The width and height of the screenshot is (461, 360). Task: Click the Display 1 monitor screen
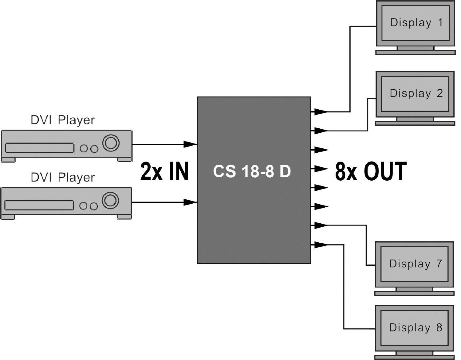pos(416,23)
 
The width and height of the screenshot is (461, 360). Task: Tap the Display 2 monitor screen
pos(416,93)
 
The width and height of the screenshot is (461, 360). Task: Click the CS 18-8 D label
pos(252,172)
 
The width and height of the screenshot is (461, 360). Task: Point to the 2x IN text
pos(164,172)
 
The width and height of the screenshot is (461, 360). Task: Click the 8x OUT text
pos(371,172)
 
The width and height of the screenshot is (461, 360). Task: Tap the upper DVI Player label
pos(63,120)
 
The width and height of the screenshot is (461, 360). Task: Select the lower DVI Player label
pos(63,178)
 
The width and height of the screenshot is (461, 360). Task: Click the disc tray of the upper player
pos(39,148)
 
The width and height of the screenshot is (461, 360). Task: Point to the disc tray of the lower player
pos(39,205)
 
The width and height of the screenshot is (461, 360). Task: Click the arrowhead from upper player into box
pos(190,143)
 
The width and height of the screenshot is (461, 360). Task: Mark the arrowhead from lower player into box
pos(190,202)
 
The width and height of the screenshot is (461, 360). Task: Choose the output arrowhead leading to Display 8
pos(321,245)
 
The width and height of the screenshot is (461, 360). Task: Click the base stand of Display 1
pos(416,53)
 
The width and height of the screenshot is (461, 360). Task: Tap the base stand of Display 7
pos(414,293)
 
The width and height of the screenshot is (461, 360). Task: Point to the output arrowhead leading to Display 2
pos(321,131)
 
